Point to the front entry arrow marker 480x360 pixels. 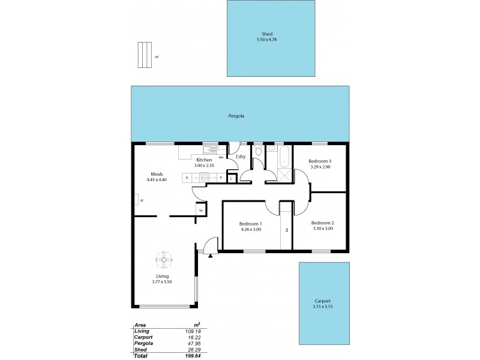(x=211, y=256)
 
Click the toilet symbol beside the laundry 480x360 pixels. (x=257, y=153)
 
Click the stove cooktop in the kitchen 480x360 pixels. (x=204, y=178)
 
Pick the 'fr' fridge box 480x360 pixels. (x=188, y=178)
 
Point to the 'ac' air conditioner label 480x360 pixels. (x=142, y=200)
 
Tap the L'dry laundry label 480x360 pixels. (x=241, y=157)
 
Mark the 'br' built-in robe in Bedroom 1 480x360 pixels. (x=287, y=230)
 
